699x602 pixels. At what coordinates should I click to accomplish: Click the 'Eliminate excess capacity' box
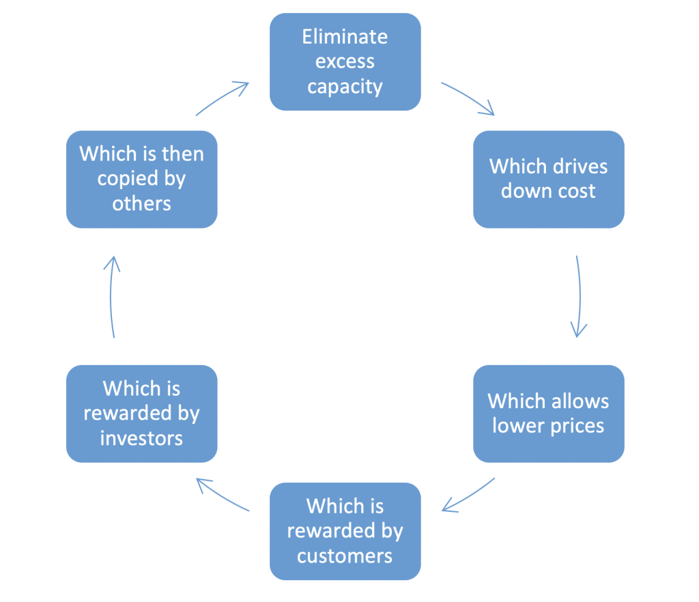click(345, 61)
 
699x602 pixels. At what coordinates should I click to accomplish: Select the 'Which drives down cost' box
click(548, 179)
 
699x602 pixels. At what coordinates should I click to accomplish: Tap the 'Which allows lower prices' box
click(548, 414)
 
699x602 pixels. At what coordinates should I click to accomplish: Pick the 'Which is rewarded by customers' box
click(345, 531)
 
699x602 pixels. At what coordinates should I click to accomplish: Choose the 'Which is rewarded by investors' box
click(141, 414)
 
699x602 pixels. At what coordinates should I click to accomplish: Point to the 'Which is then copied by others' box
click(141, 179)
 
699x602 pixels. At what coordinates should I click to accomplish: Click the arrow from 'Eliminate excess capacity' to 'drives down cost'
click(468, 98)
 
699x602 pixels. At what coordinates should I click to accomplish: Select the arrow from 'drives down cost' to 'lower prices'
click(579, 297)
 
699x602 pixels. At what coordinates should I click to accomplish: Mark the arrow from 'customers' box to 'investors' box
click(223, 494)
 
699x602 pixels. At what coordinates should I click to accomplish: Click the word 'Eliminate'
click(345, 36)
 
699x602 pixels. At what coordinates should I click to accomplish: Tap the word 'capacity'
click(345, 87)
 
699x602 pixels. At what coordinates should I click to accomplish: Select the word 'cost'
click(577, 191)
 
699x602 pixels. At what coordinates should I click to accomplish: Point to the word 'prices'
click(577, 426)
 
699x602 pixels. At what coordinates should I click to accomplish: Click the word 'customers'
click(345, 556)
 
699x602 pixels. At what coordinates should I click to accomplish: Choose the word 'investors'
click(141, 438)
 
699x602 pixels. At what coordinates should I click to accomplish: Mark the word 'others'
click(141, 203)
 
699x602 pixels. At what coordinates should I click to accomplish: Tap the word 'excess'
click(345, 62)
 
